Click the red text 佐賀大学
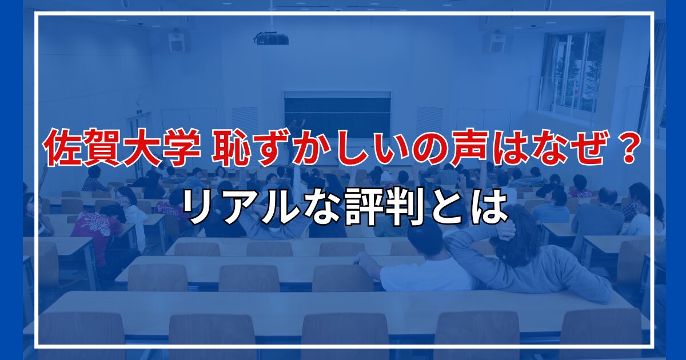coord(122,147)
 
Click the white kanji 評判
coord(385,206)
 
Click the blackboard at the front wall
coord(337,113)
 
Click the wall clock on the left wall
coord(139,98)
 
